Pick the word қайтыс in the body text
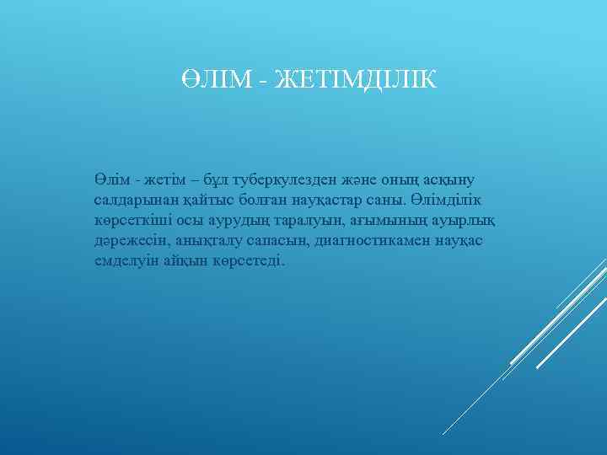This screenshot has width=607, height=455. point(195,201)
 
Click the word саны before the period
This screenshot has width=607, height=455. point(384,201)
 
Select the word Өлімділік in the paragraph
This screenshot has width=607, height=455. point(447,201)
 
